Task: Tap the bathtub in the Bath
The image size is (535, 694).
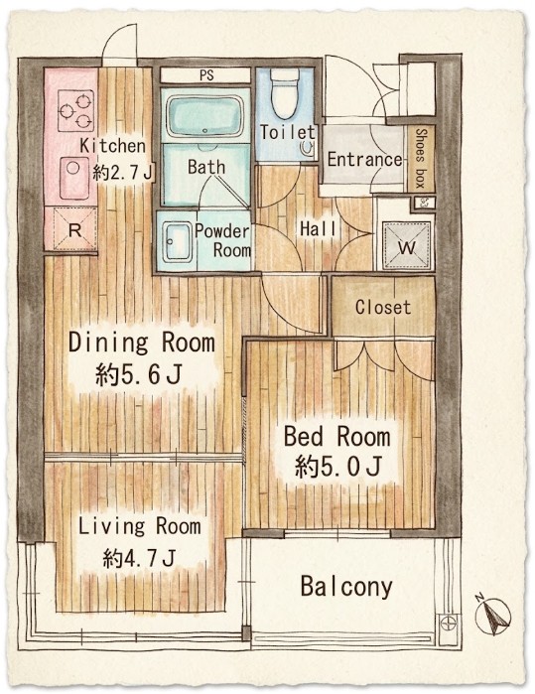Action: tap(204, 114)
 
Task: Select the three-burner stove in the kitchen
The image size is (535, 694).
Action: tap(76, 110)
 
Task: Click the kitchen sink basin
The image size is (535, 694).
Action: tap(74, 178)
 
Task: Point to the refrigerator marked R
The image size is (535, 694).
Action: tap(74, 229)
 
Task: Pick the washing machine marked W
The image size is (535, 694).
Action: tap(406, 245)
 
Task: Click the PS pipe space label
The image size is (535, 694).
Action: tap(206, 75)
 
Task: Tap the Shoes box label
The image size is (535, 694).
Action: tap(421, 158)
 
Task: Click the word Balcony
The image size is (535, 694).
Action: tap(346, 587)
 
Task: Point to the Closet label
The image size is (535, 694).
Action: tap(383, 307)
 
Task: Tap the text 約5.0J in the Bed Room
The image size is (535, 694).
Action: tap(338, 467)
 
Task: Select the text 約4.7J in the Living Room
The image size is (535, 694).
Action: tap(139, 558)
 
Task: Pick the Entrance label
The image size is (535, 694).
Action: tap(364, 159)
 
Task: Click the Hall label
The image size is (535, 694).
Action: tap(318, 228)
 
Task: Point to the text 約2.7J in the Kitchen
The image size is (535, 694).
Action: tap(122, 172)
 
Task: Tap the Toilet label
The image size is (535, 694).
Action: tap(287, 132)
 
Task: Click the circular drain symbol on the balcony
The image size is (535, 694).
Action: tap(448, 624)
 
